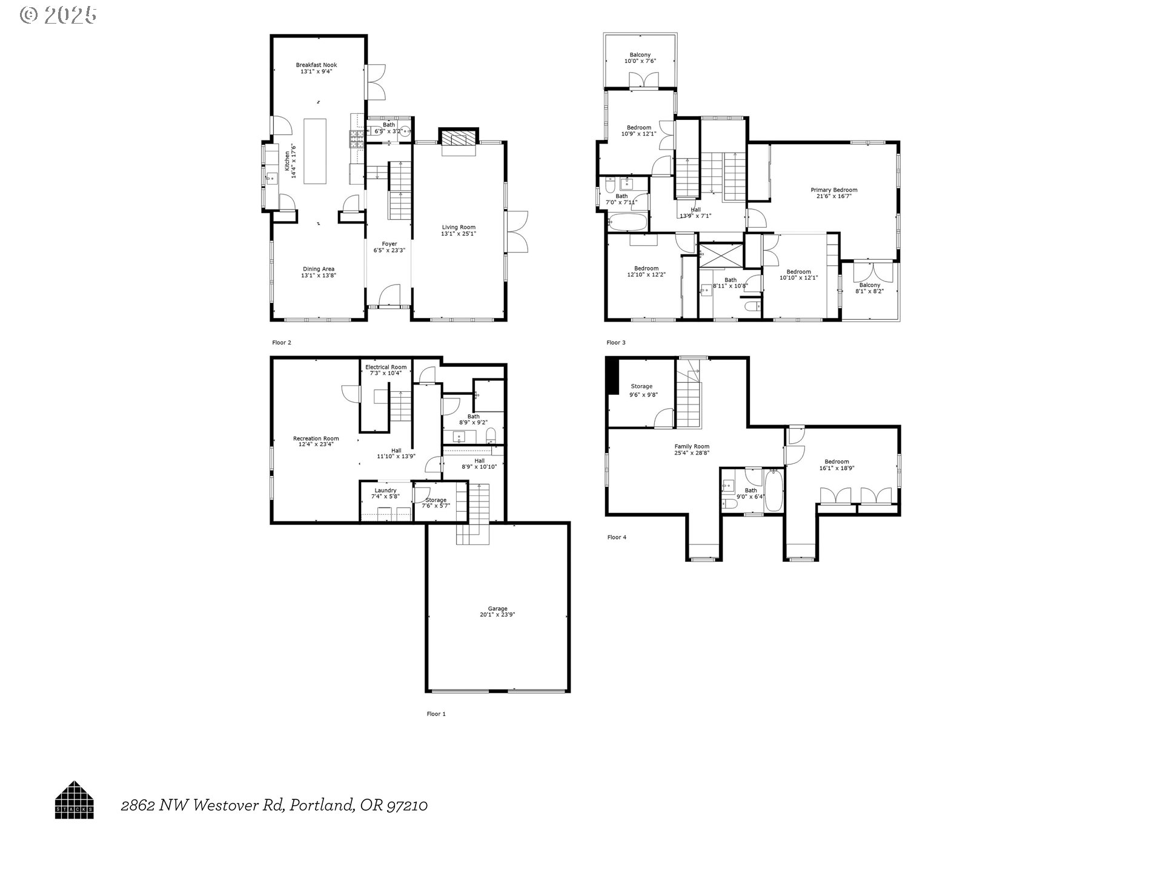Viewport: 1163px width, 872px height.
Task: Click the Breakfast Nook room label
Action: (316, 65)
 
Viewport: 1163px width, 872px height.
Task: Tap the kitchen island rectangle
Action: (315, 151)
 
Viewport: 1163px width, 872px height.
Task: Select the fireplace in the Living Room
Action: (459, 139)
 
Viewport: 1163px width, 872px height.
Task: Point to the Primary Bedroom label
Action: (834, 190)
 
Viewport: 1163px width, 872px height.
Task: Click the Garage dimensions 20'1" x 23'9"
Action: (497, 615)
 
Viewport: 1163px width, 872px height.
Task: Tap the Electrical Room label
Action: (386, 367)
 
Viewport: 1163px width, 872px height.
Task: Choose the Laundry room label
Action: (385, 490)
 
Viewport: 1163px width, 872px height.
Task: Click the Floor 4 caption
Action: (617, 537)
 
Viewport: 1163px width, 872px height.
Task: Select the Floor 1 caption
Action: (436, 714)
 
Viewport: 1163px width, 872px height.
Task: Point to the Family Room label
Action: (692, 446)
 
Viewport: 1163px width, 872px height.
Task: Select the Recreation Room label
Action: (316, 438)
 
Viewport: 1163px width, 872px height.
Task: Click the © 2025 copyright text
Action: (58, 15)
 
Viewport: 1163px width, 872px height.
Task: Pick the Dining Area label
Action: (318, 269)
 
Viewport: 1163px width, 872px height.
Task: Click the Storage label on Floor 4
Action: (641, 386)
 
